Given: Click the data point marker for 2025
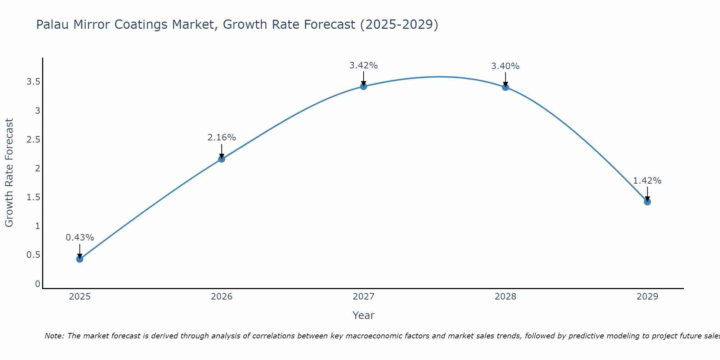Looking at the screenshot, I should (x=80, y=259).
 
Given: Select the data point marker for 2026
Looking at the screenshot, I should (x=221, y=159).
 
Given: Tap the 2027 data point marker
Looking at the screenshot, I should (x=363, y=86).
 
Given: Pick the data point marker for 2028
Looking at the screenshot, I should (x=505, y=87).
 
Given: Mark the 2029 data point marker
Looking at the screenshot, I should (x=647, y=202).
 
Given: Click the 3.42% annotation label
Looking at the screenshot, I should (x=363, y=66).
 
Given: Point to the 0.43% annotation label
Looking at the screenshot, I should (x=80, y=238).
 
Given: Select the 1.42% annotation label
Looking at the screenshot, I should (x=647, y=181).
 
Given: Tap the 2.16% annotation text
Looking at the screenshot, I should (x=221, y=138).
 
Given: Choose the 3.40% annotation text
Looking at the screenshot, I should (x=505, y=66).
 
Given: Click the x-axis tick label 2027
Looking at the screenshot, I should (x=363, y=297).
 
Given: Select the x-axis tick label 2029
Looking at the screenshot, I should (x=647, y=297).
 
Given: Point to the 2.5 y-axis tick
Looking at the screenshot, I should (x=33, y=140).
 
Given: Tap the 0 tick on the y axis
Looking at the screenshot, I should (x=37, y=284).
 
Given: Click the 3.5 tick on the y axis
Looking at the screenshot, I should (x=33, y=82).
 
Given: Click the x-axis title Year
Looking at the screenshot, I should (x=363, y=315).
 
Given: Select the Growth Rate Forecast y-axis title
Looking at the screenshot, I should (x=9, y=173).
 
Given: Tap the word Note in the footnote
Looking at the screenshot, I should (x=54, y=336).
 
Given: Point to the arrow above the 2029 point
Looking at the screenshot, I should (x=647, y=194).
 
